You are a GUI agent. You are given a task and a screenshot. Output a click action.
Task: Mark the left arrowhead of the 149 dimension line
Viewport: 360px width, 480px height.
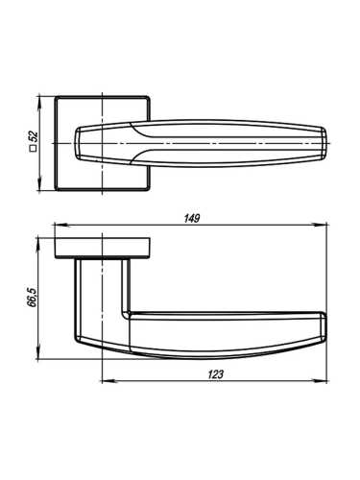click(x=57, y=228)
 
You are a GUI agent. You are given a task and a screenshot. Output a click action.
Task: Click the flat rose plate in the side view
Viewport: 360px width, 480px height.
click(x=103, y=246)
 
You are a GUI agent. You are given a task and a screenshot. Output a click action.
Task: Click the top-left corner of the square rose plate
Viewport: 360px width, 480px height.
click(x=57, y=96)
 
